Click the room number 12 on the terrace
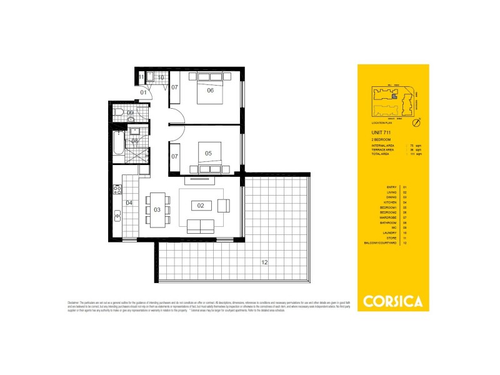pos(264,262)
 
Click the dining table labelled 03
pos(157,209)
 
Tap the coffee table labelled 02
pos(201,205)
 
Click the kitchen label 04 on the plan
pos(129,202)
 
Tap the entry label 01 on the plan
pos(143,92)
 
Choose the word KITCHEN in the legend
pos(392,202)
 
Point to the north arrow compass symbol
pos(419,119)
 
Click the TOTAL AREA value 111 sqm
pos(414,154)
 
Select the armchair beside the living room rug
pos(224,204)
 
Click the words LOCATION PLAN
pos(382,124)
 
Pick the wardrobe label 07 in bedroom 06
pos(175,87)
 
